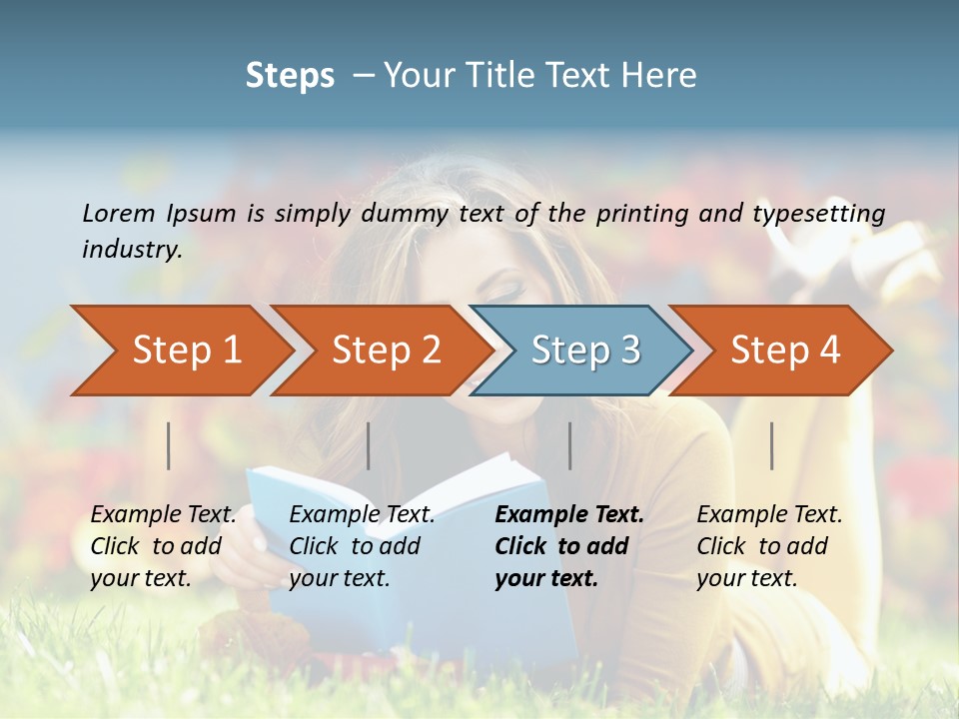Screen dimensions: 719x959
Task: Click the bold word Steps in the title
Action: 290,76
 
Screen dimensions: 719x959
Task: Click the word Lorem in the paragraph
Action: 119,214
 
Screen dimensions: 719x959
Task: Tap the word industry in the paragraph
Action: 131,250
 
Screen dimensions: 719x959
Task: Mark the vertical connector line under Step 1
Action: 169,445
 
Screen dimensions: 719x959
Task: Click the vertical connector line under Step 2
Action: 369,445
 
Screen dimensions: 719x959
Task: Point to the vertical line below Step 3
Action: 570,445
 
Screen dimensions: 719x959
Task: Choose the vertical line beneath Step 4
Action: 772,445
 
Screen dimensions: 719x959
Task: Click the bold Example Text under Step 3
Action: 569,515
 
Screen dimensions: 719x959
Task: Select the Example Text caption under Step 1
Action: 164,515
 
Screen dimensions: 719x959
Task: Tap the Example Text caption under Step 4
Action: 769,515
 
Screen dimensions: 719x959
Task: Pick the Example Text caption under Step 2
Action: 362,515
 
